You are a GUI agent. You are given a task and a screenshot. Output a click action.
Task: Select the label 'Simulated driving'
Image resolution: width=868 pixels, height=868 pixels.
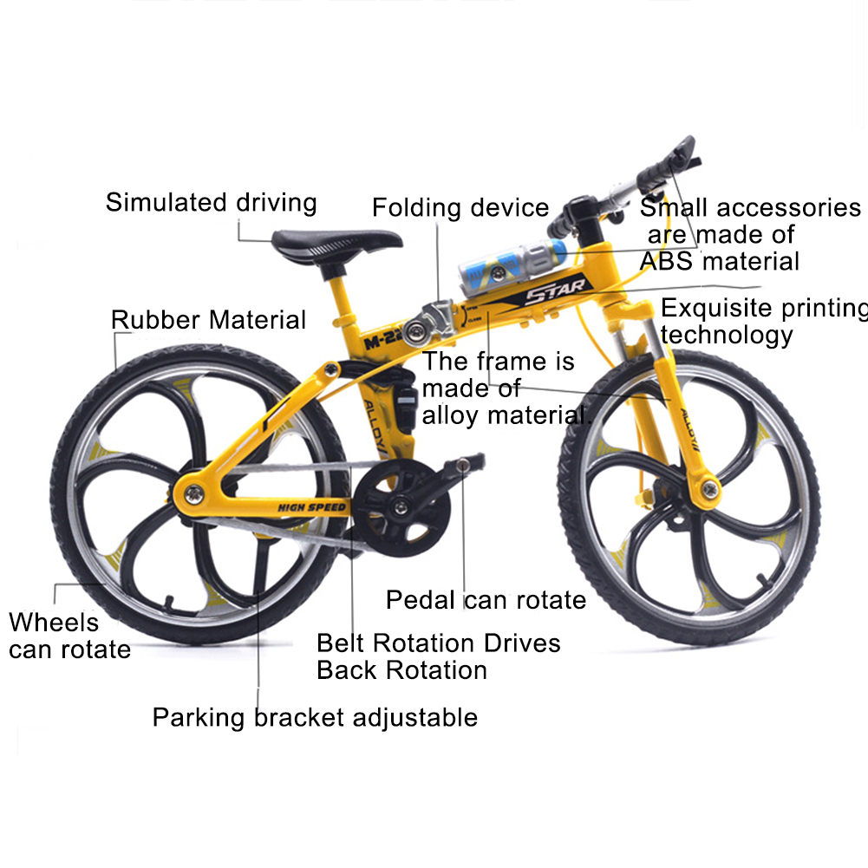tap(212, 203)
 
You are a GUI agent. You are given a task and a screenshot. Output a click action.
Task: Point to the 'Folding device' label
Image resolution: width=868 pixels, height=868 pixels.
tap(460, 208)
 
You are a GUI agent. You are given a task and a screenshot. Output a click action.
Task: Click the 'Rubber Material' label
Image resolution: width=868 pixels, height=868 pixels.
tap(208, 320)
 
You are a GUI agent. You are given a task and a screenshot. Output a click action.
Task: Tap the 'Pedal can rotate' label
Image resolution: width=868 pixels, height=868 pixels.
tap(486, 599)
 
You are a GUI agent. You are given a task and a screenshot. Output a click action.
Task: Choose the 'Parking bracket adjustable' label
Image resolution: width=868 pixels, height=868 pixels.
tap(315, 717)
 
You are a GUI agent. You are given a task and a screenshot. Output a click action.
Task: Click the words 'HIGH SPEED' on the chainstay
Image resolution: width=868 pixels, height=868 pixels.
tap(312, 506)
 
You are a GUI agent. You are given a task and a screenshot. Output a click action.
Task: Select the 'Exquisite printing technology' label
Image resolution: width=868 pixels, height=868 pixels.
tap(763, 322)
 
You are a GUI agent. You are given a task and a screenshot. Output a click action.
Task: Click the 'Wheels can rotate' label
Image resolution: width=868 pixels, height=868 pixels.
tap(69, 636)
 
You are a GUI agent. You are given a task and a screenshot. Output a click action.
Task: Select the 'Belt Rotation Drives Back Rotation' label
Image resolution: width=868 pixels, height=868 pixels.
tap(438, 656)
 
